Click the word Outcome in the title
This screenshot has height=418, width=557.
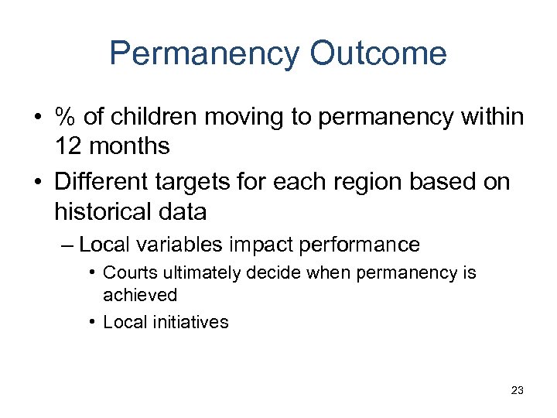(378, 53)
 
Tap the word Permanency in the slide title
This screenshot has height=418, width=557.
(203, 53)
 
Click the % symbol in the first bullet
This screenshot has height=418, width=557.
(64, 118)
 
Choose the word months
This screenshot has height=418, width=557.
(129, 146)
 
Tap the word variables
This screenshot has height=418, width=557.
(179, 245)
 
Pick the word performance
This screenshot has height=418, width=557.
(361, 245)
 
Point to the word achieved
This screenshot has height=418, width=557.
(140, 295)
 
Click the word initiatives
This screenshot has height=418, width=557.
(190, 322)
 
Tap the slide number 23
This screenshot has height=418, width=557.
(517, 390)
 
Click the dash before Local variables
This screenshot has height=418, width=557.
(66, 245)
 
